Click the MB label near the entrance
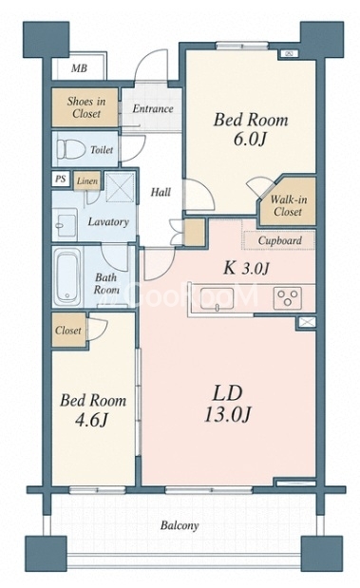(79, 68)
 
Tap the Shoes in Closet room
(85, 107)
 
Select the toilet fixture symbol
(70, 149)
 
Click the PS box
(61, 179)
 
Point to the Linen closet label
(87, 181)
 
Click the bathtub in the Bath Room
(67, 277)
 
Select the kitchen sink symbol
(218, 299)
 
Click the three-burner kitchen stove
(288, 298)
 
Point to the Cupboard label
(280, 240)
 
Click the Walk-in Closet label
(288, 205)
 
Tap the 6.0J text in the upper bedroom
(250, 139)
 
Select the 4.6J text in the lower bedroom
(92, 420)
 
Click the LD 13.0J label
(228, 404)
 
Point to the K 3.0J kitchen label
(246, 268)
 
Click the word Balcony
(180, 525)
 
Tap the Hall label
(161, 193)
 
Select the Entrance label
(153, 108)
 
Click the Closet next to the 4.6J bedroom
(69, 331)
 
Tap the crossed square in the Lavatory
(120, 187)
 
